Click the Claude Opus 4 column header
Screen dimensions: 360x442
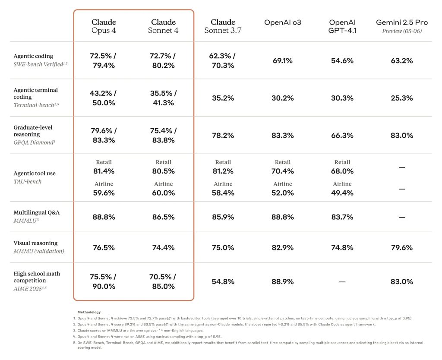pyautogui.click(x=104, y=26)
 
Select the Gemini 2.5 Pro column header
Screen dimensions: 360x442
pyautogui.click(x=401, y=22)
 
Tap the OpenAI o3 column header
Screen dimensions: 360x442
pyautogui.click(x=282, y=22)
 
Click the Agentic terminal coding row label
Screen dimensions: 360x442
pyautogui.click(x=35, y=93)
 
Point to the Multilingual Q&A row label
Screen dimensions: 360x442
pyautogui.click(x=36, y=212)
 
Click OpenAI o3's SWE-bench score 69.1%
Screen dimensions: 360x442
pyautogui.click(x=282, y=61)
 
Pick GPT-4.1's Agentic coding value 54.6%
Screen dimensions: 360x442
pyautogui.click(x=342, y=61)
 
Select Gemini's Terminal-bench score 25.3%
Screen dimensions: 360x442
pyautogui.click(x=401, y=98)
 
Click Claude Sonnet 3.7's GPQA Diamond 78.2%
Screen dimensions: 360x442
pyautogui.click(x=223, y=136)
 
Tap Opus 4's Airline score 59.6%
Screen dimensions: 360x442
pyautogui.click(x=104, y=193)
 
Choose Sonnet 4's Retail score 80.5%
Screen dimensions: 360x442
pyautogui.click(x=163, y=171)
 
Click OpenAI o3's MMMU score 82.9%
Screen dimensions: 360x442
pyautogui.click(x=282, y=248)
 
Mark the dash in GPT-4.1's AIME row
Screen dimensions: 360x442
pyautogui.click(x=342, y=282)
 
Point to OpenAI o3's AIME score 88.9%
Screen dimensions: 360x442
pyautogui.click(x=282, y=282)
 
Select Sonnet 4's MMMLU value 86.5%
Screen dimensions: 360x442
pyautogui.click(x=163, y=217)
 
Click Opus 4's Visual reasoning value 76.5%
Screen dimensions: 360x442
pyautogui.click(x=104, y=248)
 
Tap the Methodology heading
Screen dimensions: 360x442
pyautogui.click(x=89, y=312)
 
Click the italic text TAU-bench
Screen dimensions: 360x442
pyautogui.click(x=28, y=182)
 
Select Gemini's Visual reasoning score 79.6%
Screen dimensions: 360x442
pyautogui.click(x=401, y=248)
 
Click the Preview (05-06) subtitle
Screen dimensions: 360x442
pyautogui.click(x=401, y=31)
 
